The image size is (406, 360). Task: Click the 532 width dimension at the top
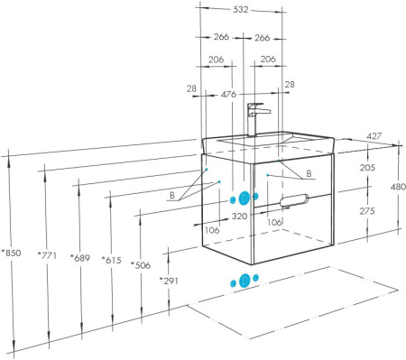coord(241,10)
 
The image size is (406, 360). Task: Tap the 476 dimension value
coord(228,95)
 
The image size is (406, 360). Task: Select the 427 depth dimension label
coord(374,136)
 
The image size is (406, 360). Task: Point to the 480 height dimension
coord(398,187)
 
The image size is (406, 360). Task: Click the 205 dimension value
coord(367,167)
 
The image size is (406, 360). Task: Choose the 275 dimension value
coord(367,211)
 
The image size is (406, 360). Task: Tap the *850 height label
coord(11,253)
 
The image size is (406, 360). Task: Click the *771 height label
coord(47,255)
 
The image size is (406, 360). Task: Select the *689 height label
coord(80,258)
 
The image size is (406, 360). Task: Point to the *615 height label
coord(112,260)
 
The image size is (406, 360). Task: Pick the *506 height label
coord(141,265)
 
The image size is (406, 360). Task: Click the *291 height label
coord(169,281)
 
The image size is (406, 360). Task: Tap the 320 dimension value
coord(239,216)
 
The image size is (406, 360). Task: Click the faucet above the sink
coord(254,120)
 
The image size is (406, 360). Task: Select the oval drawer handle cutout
coord(294,200)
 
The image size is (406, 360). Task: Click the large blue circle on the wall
coord(245,198)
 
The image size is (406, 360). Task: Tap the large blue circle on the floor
coord(245,281)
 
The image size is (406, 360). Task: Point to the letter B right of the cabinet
coord(309,173)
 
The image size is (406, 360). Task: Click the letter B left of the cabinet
coord(172,195)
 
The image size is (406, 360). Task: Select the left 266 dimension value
coord(221,37)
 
